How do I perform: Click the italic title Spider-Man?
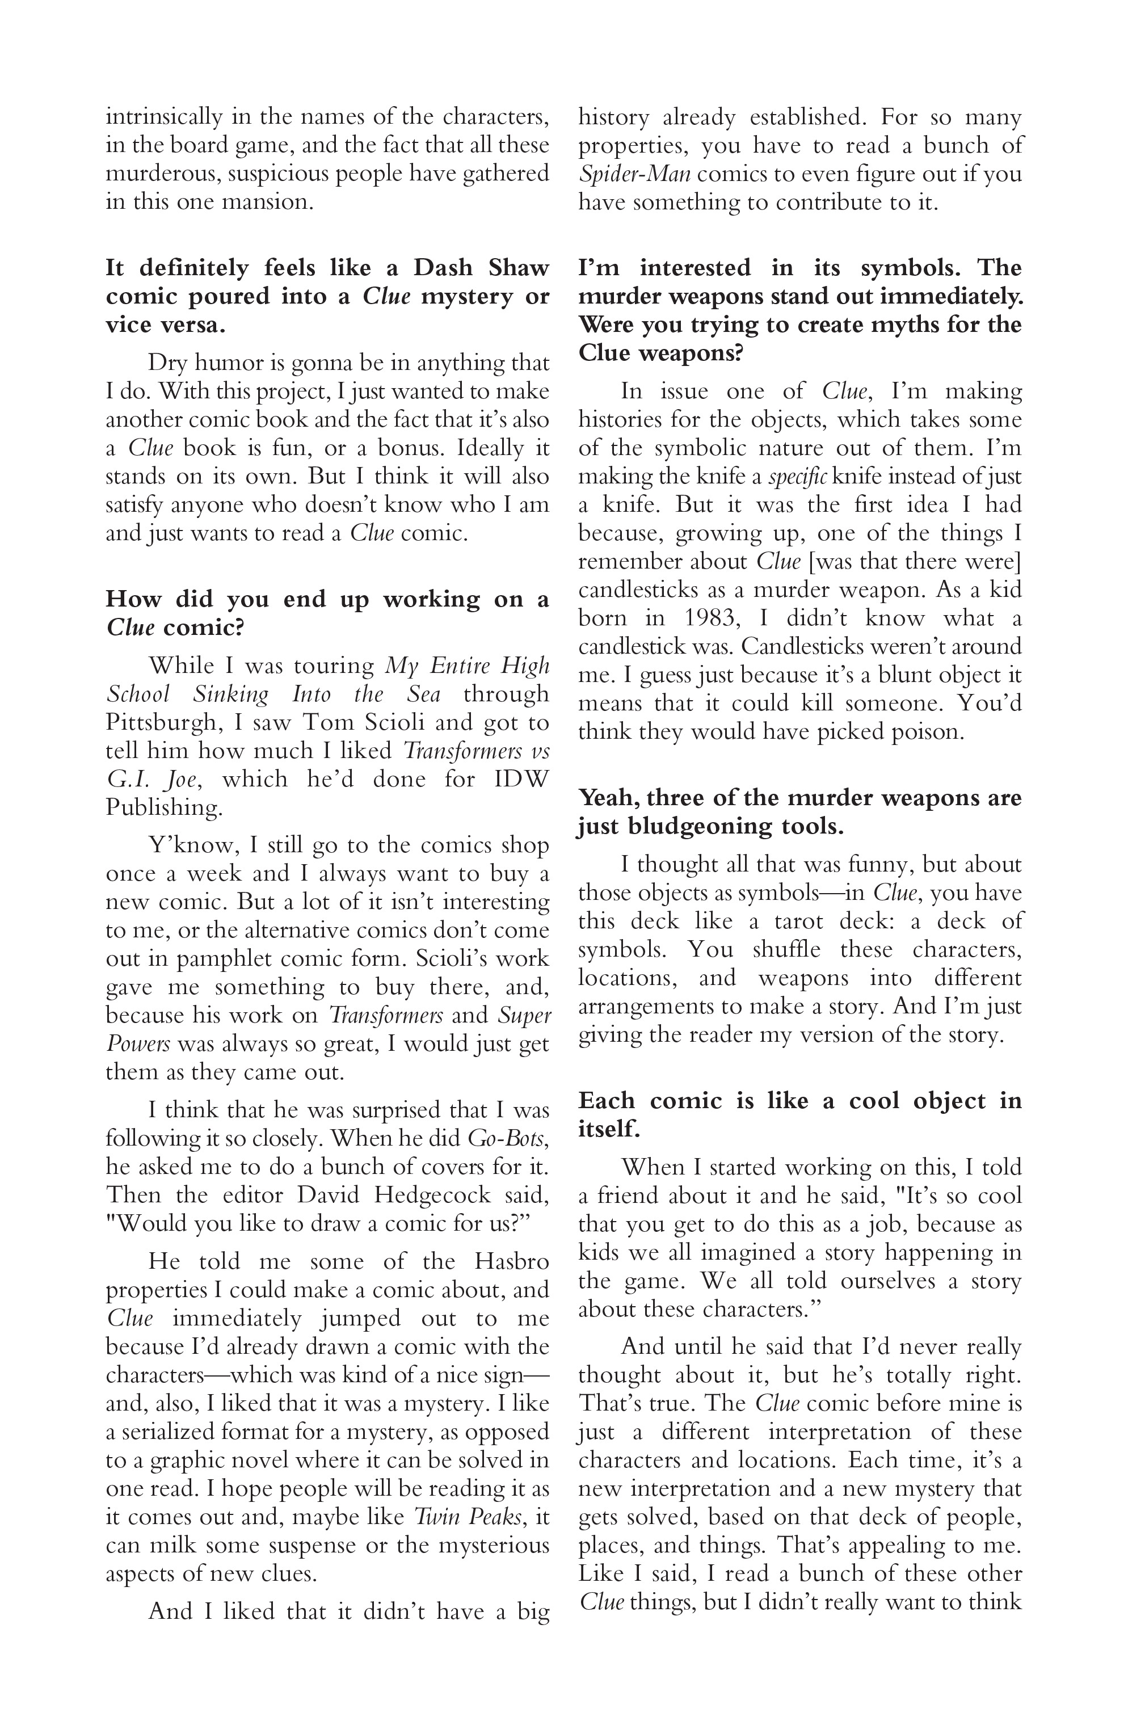point(634,174)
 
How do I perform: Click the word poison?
point(926,731)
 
